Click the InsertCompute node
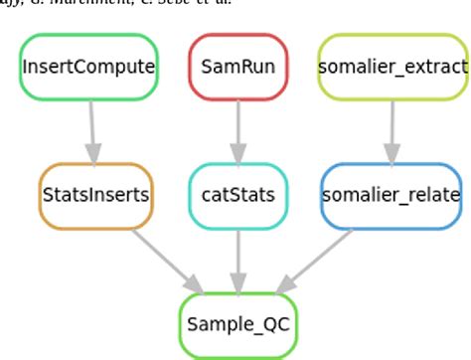(89, 68)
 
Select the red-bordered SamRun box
(237, 68)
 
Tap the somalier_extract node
(392, 68)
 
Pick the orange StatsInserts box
(96, 195)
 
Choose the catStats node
(237, 195)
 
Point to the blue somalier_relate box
(392, 195)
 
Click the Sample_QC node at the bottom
(237, 325)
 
